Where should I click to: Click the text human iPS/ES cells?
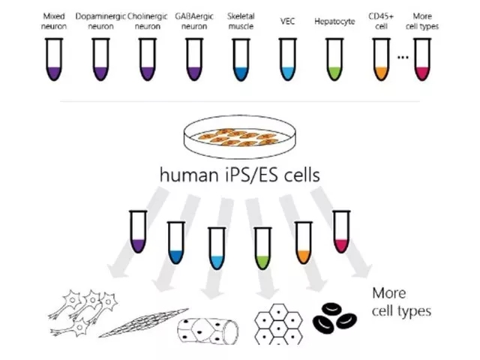[x=240, y=175]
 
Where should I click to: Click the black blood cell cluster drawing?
[x=334, y=317]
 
